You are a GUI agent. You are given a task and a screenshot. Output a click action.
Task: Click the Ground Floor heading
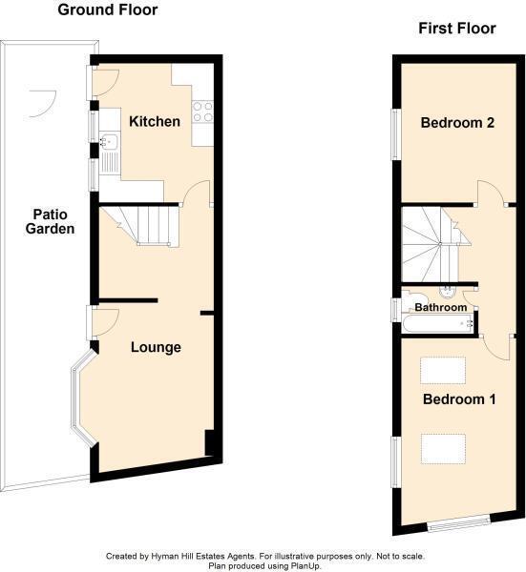click(x=107, y=10)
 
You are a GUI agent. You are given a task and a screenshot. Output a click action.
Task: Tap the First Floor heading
click(x=457, y=29)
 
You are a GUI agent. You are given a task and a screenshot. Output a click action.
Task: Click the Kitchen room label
click(x=155, y=122)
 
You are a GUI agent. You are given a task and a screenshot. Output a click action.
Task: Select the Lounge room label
click(x=156, y=347)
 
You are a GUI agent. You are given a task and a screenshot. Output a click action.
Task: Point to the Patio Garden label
click(x=50, y=221)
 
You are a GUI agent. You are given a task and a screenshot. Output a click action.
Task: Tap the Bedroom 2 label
click(x=457, y=122)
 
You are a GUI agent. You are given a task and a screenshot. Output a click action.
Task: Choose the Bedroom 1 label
click(x=459, y=399)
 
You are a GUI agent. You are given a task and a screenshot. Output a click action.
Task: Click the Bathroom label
click(x=440, y=308)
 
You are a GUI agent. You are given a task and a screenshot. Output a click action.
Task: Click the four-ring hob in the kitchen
click(x=202, y=111)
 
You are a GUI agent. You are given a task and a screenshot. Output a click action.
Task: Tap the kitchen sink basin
click(x=107, y=143)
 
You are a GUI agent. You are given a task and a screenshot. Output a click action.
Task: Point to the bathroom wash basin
click(x=447, y=291)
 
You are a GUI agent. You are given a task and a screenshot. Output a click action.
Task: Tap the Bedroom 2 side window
click(x=395, y=131)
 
